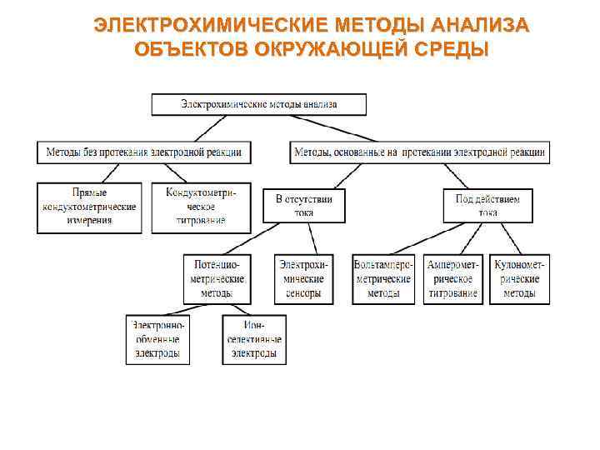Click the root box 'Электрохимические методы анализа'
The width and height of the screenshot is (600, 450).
pyautogui.click(x=258, y=104)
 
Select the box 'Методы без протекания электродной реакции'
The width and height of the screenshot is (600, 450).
pyautogui.click(x=144, y=152)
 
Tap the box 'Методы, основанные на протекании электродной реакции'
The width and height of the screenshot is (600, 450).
pyautogui.click(x=420, y=152)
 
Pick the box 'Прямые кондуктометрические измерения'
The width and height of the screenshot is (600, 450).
pyautogui.click(x=89, y=207)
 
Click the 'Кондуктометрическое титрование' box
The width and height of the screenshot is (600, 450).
pyautogui.click(x=201, y=207)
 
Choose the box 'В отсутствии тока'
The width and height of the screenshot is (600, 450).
pyautogui.click(x=303, y=205)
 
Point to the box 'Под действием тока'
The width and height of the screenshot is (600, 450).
pyautogui.click(x=487, y=205)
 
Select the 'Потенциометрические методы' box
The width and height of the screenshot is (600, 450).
pyautogui.click(x=217, y=278)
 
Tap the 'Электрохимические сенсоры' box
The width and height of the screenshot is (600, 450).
pyautogui.click(x=303, y=278)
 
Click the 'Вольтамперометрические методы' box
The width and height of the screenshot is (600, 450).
pyautogui.click(x=383, y=278)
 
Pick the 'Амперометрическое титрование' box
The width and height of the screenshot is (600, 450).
pyautogui.click(x=453, y=278)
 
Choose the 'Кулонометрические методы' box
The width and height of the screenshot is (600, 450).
pyautogui.click(x=519, y=278)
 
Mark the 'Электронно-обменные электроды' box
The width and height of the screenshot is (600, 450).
pyautogui.click(x=157, y=339)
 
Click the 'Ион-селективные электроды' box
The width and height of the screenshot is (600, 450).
pyautogui.click(x=253, y=339)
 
